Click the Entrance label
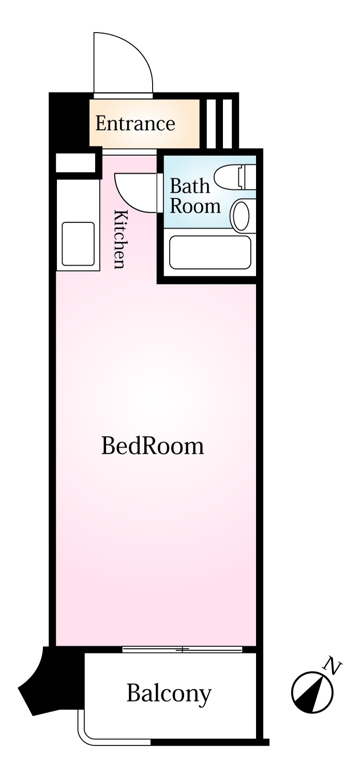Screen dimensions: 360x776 [x=135, y=123]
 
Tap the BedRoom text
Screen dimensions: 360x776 [x=153, y=446]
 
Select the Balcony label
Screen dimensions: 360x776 [x=169, y=693]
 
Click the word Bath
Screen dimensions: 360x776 [x=190, y=186]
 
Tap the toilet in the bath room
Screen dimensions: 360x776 [x=235, y=177]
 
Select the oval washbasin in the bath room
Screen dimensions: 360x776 [x=242, y=216]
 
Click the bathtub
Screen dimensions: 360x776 [x=210, y=252]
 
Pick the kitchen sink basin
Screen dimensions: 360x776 [x=78, y=244]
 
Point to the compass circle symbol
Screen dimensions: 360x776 [x=312, y=693]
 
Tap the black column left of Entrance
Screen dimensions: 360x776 [x=69, y=121]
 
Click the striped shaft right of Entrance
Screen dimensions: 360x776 [x=219, y=124]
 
